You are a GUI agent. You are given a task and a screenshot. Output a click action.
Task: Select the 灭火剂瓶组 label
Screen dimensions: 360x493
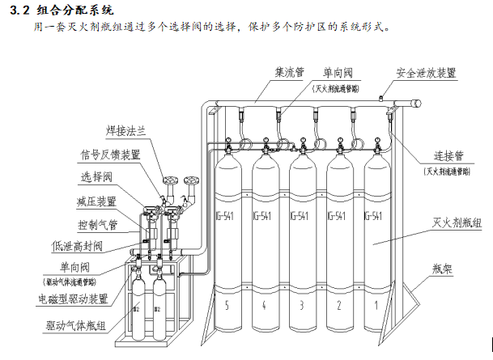(x=455, y=222)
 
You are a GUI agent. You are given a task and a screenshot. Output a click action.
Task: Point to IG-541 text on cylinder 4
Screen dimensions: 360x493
(x=264, y=217)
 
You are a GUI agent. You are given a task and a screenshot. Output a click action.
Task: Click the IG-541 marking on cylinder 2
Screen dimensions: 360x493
(x=338, y=217)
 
